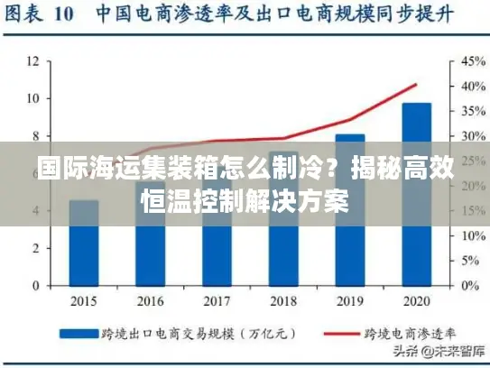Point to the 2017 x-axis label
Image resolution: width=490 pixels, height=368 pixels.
[x=217, y=300]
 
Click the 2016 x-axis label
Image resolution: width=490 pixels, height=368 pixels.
[x=151, y=300]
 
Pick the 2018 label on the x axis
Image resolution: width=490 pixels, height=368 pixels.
[x=283, y=300]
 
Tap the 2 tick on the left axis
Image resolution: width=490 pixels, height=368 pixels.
[x=34, y=248]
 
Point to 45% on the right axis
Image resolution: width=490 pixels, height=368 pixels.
[x=473, y=61]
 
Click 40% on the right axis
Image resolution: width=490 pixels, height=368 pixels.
[x=473, y=87]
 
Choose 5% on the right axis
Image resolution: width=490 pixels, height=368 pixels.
[x=469, y=261]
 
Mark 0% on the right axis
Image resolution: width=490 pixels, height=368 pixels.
[x=469, y=286]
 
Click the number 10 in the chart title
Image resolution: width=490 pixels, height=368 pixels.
[x=63, y=15]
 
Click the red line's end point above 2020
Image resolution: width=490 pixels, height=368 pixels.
[x=416, y=85]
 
